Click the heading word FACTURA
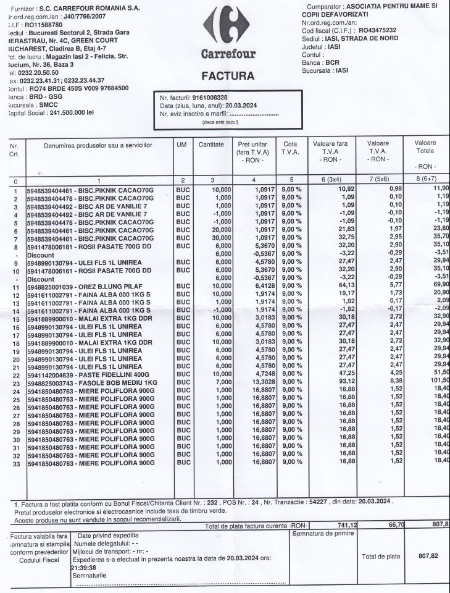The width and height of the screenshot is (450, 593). tap(227, 77)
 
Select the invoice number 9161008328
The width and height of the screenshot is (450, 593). tap(209, 98)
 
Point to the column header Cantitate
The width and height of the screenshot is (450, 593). tap(211, 143)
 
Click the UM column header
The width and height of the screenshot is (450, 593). tap(181, 143)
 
